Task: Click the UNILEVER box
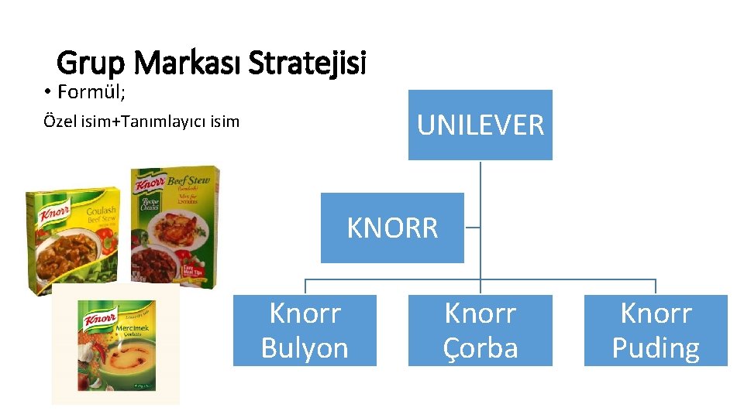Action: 480,125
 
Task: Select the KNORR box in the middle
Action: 392,228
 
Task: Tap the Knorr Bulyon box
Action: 305,331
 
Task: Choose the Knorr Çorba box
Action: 480,331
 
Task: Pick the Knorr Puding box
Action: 656,331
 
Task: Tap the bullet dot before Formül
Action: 47,94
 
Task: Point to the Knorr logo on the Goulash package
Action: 55,211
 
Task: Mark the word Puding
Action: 656,348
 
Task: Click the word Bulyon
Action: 305,348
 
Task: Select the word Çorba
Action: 480,348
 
